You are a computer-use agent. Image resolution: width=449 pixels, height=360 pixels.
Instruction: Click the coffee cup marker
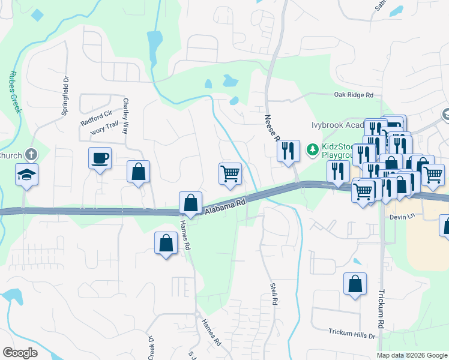coord(100,158)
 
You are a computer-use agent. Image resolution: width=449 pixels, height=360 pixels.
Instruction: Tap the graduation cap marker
coord(26,175)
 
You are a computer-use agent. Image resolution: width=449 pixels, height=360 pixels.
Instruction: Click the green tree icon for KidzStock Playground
coord(312,149)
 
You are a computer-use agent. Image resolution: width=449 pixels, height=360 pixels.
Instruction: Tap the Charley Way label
coord(126,116)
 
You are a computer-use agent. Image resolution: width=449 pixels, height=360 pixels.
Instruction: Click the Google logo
coord(19,352)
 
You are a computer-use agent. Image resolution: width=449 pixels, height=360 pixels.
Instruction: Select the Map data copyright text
coord(412,355)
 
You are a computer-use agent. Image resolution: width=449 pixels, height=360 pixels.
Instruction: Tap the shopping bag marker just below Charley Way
coord(138,172)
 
